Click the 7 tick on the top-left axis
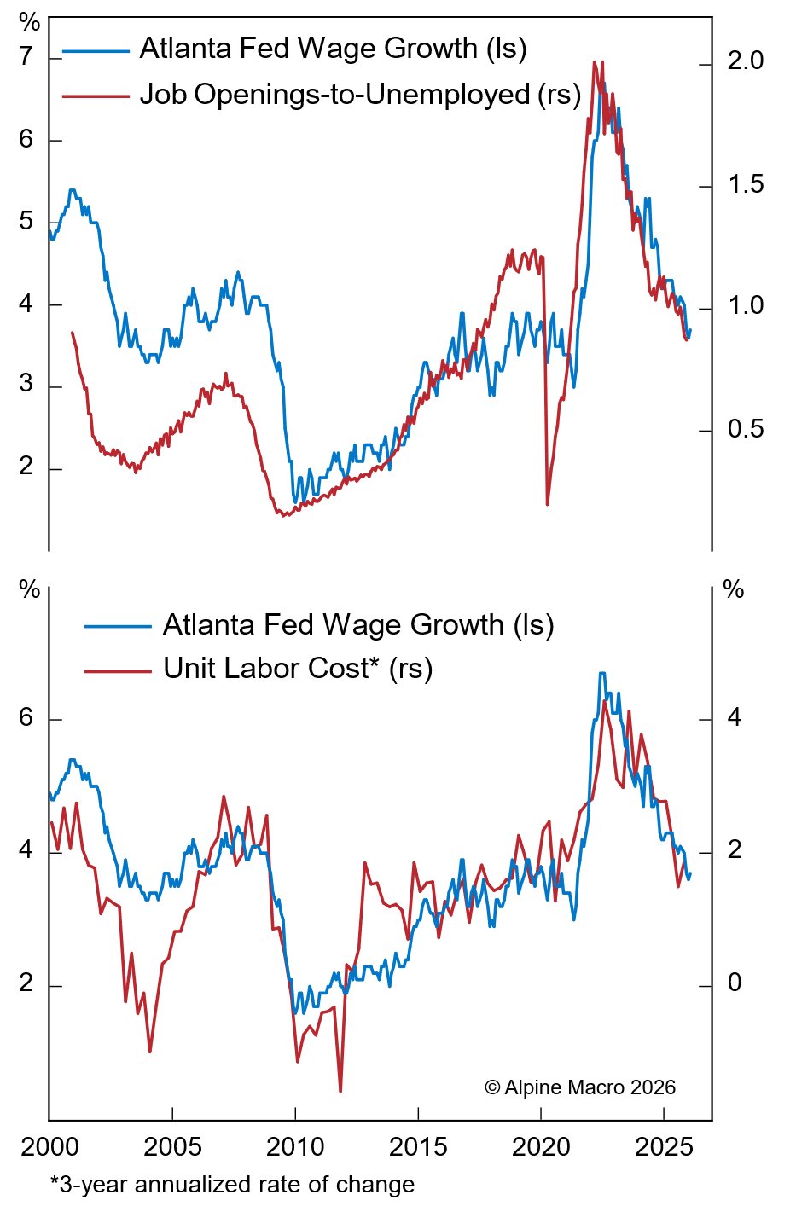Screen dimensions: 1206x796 tap(26, 58)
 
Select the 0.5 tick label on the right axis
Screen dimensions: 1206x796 tap(745, 429)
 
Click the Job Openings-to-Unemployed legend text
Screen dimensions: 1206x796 tap(360, 95)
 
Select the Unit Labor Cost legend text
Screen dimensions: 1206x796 tap(298, 670)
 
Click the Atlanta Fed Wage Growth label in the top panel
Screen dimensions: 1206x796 tap(333, 49)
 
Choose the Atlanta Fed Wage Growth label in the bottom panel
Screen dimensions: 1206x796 tap(358, 625)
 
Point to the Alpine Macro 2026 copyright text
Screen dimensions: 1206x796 tap(580, 1087)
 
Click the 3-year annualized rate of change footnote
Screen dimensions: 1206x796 tap(232, 1185)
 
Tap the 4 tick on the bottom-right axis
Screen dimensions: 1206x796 tap(734, 718)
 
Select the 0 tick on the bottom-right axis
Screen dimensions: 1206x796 tap(734, 984)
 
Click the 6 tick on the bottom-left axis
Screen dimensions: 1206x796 tap(26, 718)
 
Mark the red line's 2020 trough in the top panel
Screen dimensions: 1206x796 tap(547, 504)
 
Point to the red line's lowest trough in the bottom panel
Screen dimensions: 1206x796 tap(340, 1091)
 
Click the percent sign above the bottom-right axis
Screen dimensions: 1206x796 tap(734, 590)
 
